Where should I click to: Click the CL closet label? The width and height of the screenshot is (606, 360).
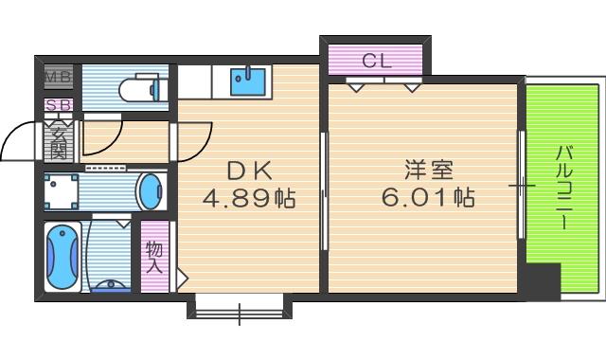click(x=376, y=62)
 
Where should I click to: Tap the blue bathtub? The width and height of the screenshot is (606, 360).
click(x=62, y=258)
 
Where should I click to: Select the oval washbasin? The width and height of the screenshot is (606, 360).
click(x=151, y=192)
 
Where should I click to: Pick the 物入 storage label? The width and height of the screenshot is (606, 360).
click(x=154, y=257)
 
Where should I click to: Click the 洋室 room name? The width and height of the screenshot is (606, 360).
click(x=428, y=171)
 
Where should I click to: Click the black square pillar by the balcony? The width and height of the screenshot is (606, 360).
click(x=542, y=279)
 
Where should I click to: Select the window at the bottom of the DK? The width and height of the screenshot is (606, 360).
click(x=239, y=309)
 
